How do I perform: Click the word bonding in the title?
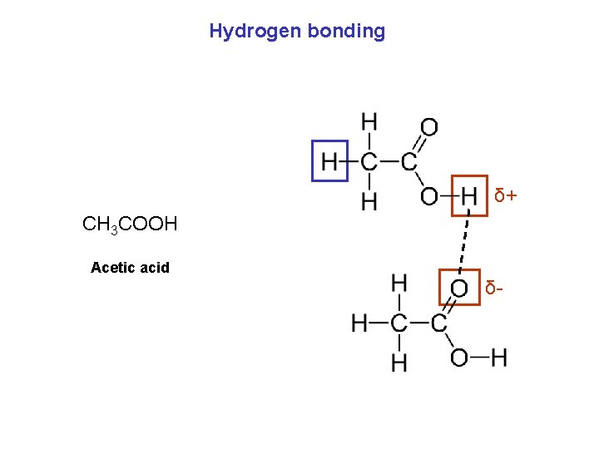pos(346,32)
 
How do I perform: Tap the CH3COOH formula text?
pos(130,224)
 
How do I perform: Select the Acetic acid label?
pos(130,268)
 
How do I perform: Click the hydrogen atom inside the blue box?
pos(330,161)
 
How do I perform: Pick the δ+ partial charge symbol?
pos(505,196)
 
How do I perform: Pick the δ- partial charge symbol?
pos(493,289)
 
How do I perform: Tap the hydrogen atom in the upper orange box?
pos(469,196)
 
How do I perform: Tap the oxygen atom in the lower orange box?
pos(459,288)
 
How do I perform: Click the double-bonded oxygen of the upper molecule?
pos(428,127)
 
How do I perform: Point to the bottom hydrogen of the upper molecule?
pos(369,200)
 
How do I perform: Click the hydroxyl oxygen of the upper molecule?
pos(428,197)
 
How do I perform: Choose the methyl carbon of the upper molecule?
pos(369,161)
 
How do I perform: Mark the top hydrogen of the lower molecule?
pos(399,284)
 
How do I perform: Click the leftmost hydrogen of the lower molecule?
pos(360,323)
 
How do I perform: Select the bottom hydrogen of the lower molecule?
pos(399,362)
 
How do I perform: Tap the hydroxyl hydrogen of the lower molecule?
pos(499,358)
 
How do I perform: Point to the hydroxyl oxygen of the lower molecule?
pos(459,358)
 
